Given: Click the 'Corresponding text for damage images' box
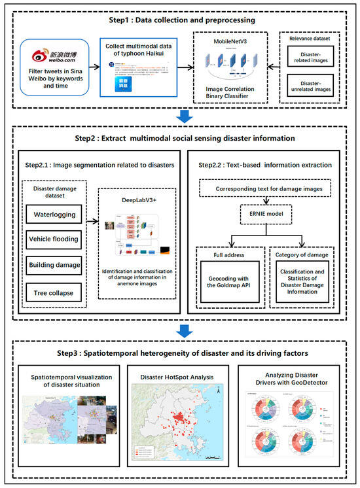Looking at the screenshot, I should click(266, 189).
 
